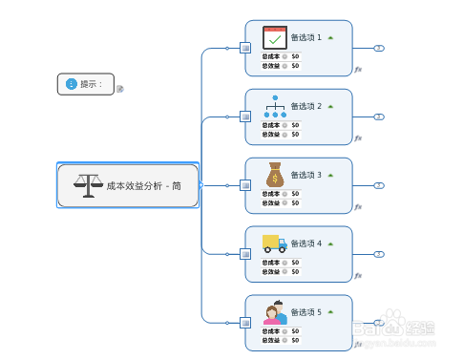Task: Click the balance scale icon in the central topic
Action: coord(87,185)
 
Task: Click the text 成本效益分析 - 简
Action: coord(144,186)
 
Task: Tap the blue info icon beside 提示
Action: coord(72,84)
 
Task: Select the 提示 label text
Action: coord(91,84)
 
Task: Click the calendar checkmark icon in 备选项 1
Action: coord(275,38)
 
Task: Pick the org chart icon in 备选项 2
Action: coord(275,106)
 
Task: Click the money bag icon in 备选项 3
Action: coord(275,175)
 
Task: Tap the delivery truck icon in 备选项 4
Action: coord(275,243)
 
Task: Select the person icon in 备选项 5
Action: coord(275,311)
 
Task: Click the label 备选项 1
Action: coord(305,38)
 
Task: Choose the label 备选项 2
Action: coord(305,106)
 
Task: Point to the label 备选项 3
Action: coord(305,175)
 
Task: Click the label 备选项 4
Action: coord(305,244)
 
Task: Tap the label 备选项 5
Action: coord(305,312)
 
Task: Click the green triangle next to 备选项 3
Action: coord(330,175)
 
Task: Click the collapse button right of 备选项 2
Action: coord(379,116)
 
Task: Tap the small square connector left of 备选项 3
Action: coord(245,185)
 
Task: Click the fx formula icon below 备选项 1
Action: coord(358,70)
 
